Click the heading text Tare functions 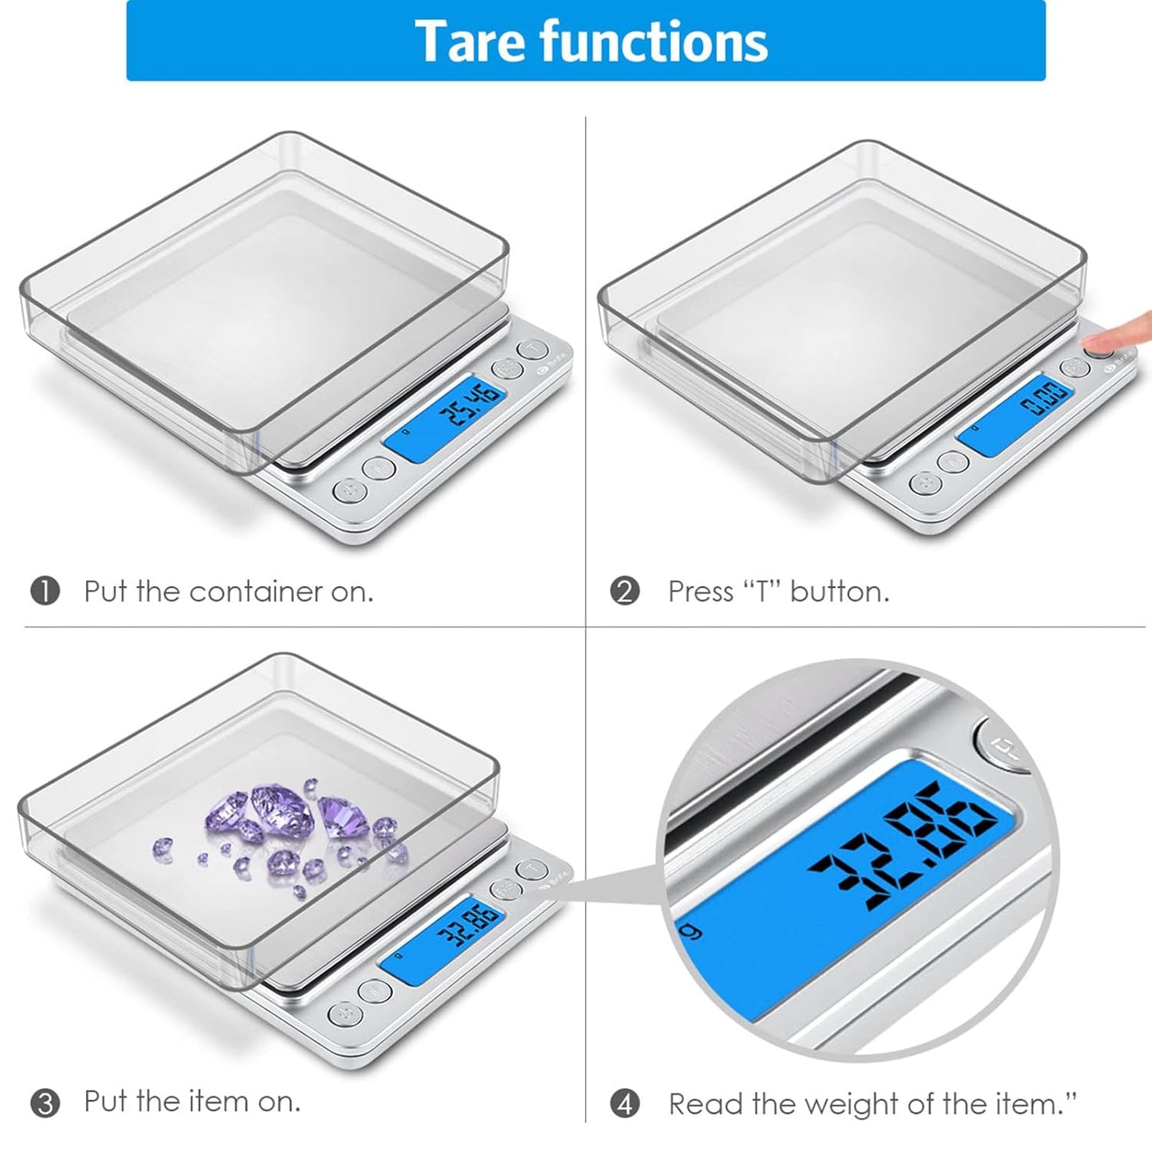(591, 41)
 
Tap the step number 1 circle (45, 592)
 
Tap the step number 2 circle (624, 592)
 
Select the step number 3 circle (45, 1103)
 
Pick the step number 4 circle (624, 1104)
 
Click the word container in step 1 (258, 592)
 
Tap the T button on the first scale (533, 349)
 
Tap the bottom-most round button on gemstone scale (344, 1015)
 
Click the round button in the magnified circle (999, 745)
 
